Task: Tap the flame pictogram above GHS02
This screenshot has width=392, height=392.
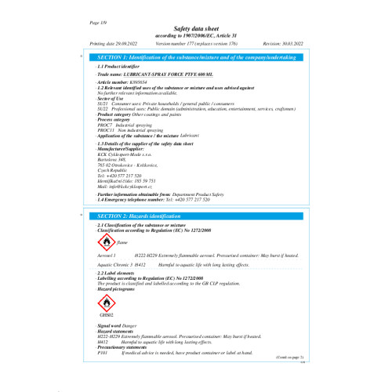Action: click(104, 303)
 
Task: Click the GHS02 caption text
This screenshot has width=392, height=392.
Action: click(104, 314)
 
